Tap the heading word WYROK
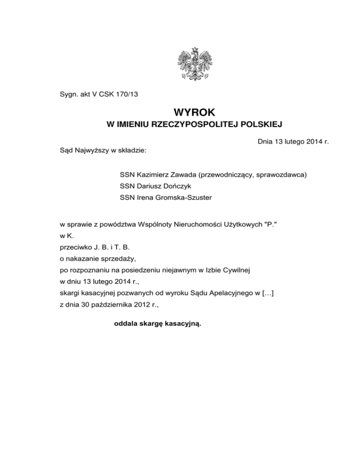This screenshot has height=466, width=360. click(194, 113)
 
